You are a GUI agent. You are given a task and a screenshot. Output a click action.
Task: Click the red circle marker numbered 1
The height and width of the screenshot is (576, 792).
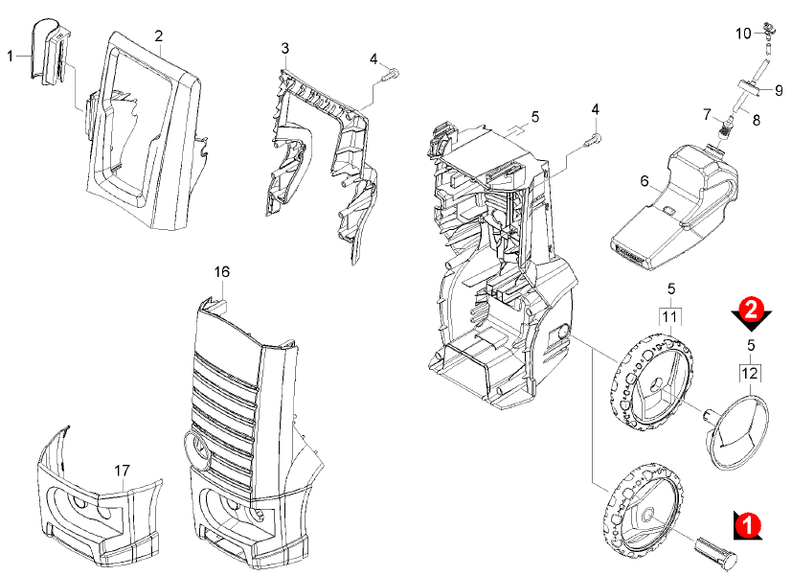[x=752, y=524]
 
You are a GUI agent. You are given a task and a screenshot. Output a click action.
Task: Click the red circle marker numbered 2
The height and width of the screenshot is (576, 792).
[x=752, y=309]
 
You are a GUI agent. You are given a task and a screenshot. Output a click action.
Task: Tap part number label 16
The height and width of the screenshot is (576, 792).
[x=221, y=272]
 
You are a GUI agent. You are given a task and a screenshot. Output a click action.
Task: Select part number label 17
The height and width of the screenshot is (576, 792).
[x=122, y=471]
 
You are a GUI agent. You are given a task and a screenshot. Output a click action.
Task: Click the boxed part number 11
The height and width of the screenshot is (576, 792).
[x=670, y=315]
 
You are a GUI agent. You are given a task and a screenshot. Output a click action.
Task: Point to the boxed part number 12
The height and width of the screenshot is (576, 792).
[x=751, y=371]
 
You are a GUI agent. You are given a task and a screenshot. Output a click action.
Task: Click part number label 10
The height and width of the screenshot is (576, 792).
[x=744, y=35]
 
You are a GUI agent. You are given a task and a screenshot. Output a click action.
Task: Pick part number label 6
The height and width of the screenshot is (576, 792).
[x=645, y=181]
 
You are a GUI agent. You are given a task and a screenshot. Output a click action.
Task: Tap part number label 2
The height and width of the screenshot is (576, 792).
[x=158, y=35]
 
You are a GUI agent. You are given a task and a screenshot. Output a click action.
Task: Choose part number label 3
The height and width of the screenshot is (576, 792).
[x=284, y=48]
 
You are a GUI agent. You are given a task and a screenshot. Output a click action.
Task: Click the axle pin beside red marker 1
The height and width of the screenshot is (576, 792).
[x=713, y=550]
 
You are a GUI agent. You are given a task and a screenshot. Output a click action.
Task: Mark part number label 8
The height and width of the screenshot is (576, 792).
[x=756, y=121]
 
